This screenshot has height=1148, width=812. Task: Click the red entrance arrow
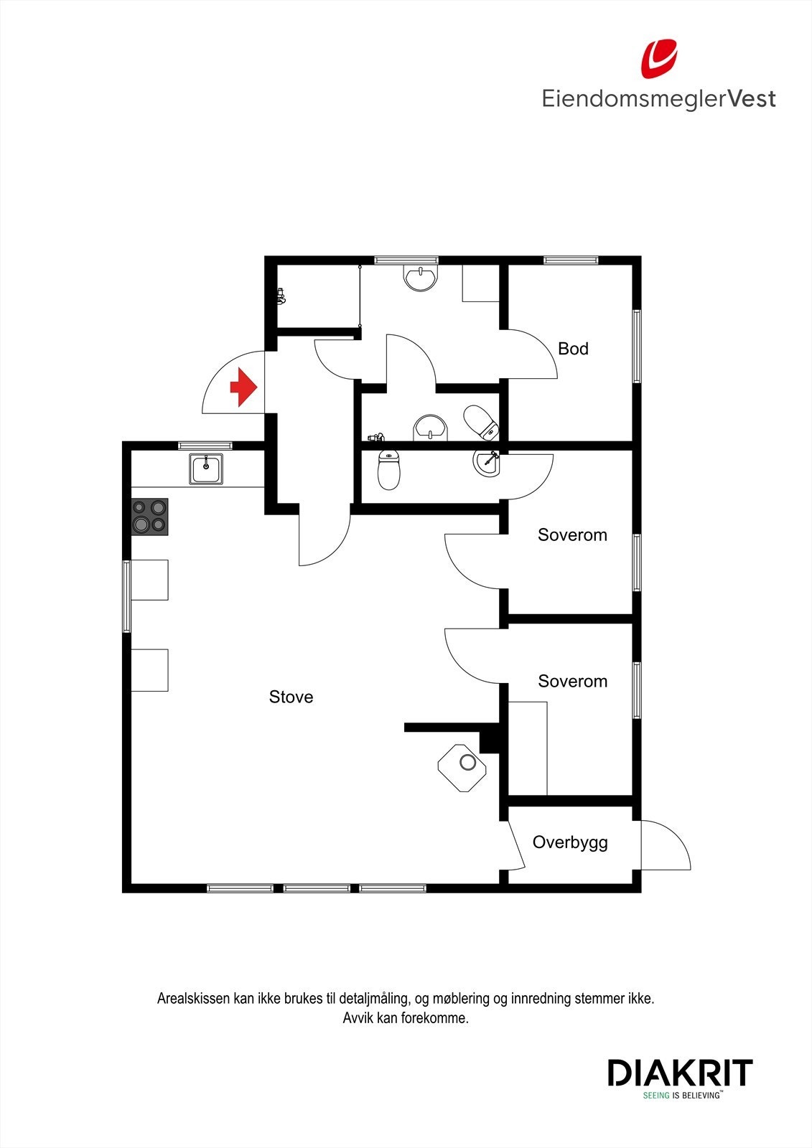coord(244,387)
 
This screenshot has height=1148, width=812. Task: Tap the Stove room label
coord(291,697)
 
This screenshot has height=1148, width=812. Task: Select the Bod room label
coord(573,349)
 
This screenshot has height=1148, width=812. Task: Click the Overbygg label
coord(570,842)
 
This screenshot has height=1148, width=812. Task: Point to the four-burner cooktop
coord(149,517)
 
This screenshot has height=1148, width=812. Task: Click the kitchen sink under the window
coord(206,469)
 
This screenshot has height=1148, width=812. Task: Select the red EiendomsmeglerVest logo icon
coord(659,59)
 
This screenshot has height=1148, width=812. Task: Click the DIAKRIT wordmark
coord(680,1073)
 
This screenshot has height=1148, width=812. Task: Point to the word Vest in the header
coord(752,98)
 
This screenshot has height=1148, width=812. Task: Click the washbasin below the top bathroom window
coord(420,278)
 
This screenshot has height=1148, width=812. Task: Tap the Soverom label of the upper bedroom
coord(572,535)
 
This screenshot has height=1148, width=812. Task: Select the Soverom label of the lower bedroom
coord(572,681)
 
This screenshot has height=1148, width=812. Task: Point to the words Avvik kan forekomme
coord(406,1017)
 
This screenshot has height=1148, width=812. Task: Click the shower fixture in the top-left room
coord(281,296)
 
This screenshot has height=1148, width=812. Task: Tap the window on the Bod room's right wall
coord(637,347)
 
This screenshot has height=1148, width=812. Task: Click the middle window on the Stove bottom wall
coord(317,888)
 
